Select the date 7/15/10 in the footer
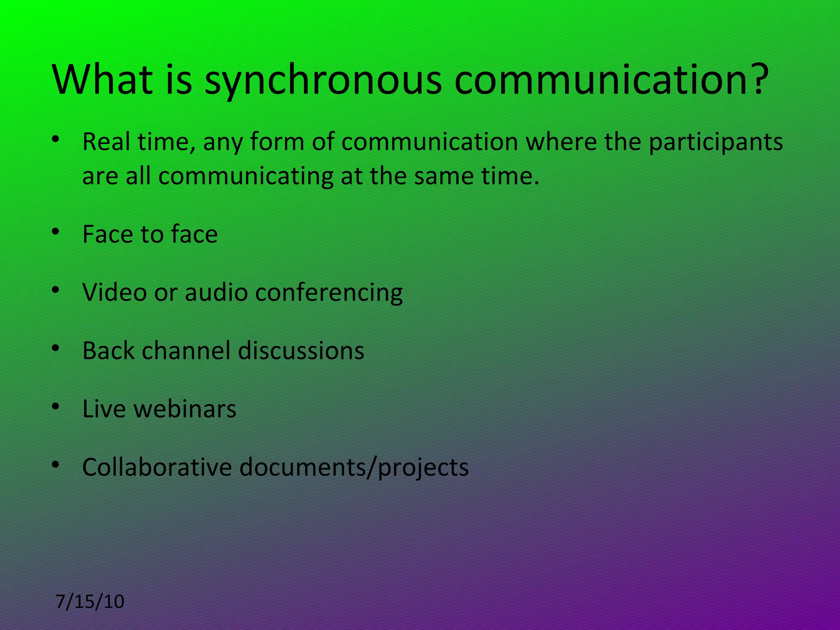tap(90, 602)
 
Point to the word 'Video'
tap(114, 292)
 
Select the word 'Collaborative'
tap(157, 467)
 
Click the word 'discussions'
tap(301, 351)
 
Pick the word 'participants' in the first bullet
tap(716, 142)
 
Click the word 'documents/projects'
tap(354, 468)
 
